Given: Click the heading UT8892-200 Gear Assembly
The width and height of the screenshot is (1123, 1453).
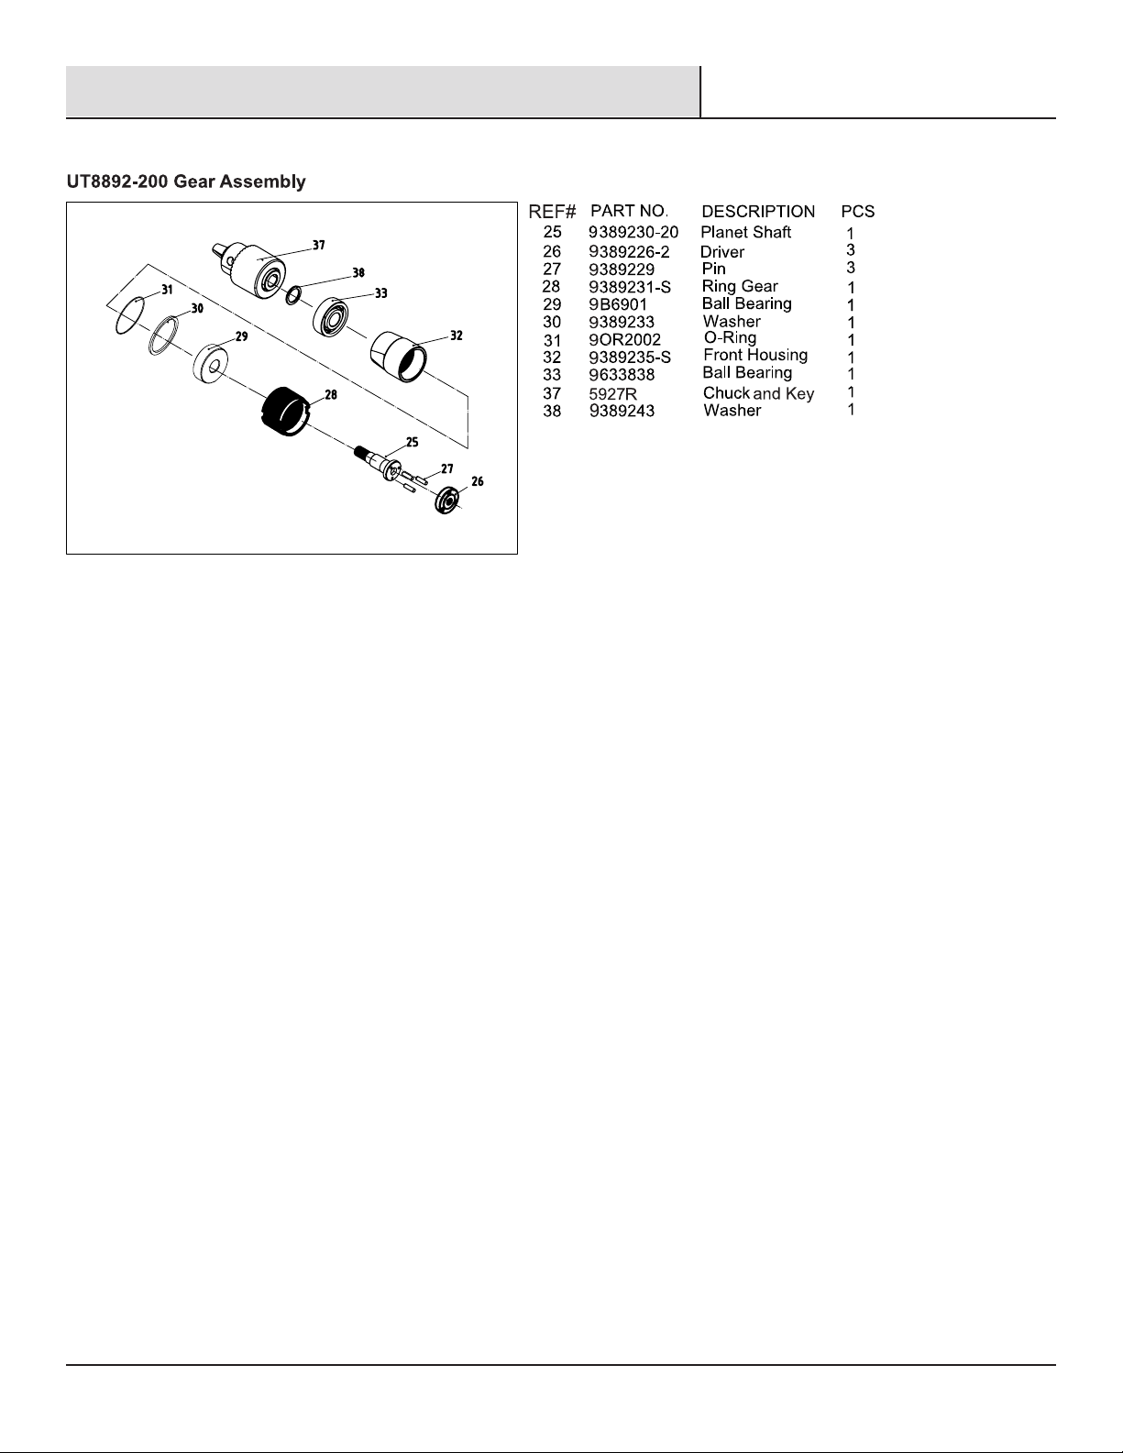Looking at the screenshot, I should pos(186,182).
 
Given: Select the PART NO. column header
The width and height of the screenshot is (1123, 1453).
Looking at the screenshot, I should pos(629,211).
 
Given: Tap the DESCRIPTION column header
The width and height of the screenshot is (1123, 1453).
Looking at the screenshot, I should pos(757,212).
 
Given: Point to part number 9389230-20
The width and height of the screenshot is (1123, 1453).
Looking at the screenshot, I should pos(633,233).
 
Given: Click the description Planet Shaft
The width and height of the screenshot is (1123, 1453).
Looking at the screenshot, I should pos(745,233).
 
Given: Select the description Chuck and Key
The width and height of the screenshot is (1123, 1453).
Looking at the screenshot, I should pos(758,393).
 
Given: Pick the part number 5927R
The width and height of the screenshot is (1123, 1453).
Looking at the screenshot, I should pos(613,394).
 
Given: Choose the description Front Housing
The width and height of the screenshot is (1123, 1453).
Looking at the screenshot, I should pos(754,355).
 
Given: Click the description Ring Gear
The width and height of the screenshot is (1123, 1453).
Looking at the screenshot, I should pos(740,286).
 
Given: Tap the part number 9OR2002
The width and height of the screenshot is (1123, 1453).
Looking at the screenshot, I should pos(624,339).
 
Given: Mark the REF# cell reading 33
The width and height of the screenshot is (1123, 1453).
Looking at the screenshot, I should pos(552,374).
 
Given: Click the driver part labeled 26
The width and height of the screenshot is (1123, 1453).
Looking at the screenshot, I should pos(448,501).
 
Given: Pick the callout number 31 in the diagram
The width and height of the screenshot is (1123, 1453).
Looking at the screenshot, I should pos(166,290).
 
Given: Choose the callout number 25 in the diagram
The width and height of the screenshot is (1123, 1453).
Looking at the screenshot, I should pos(413,442).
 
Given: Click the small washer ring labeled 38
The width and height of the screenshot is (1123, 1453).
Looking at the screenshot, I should pos(294,295).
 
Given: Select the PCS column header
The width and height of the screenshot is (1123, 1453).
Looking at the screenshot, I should pos(858,212).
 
